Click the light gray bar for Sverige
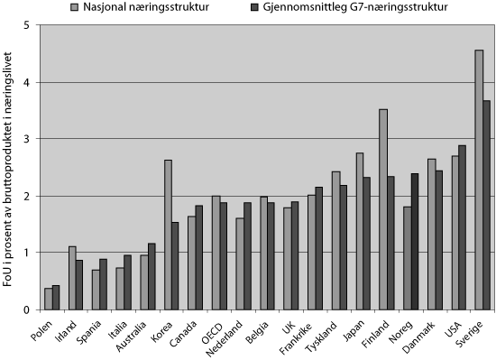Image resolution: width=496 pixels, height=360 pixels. [x=478, y=180]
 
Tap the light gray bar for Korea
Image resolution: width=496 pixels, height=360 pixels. [x=168, y=235]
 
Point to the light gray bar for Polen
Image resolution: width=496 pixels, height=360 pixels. [x=48, y=299]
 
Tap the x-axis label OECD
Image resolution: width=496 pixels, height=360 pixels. [x=213, y=324]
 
